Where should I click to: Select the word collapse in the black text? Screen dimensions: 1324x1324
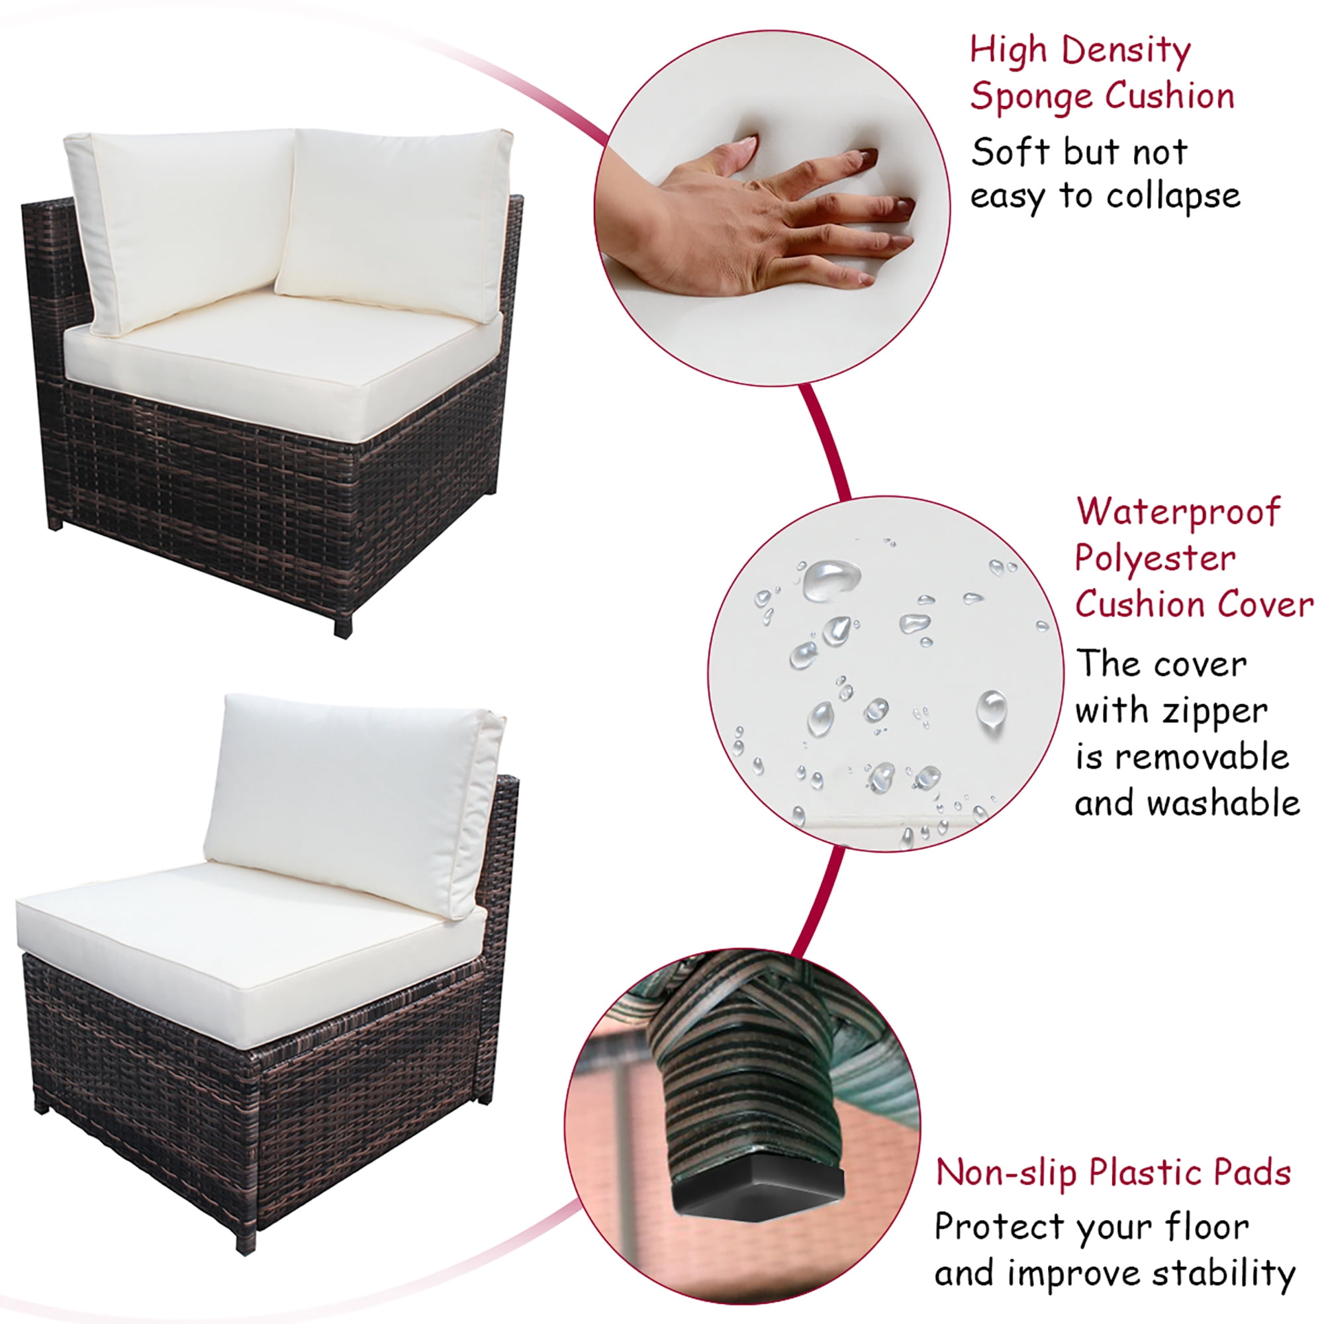pos(1173,197)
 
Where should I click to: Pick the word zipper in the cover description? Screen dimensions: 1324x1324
pos(1215,713)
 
